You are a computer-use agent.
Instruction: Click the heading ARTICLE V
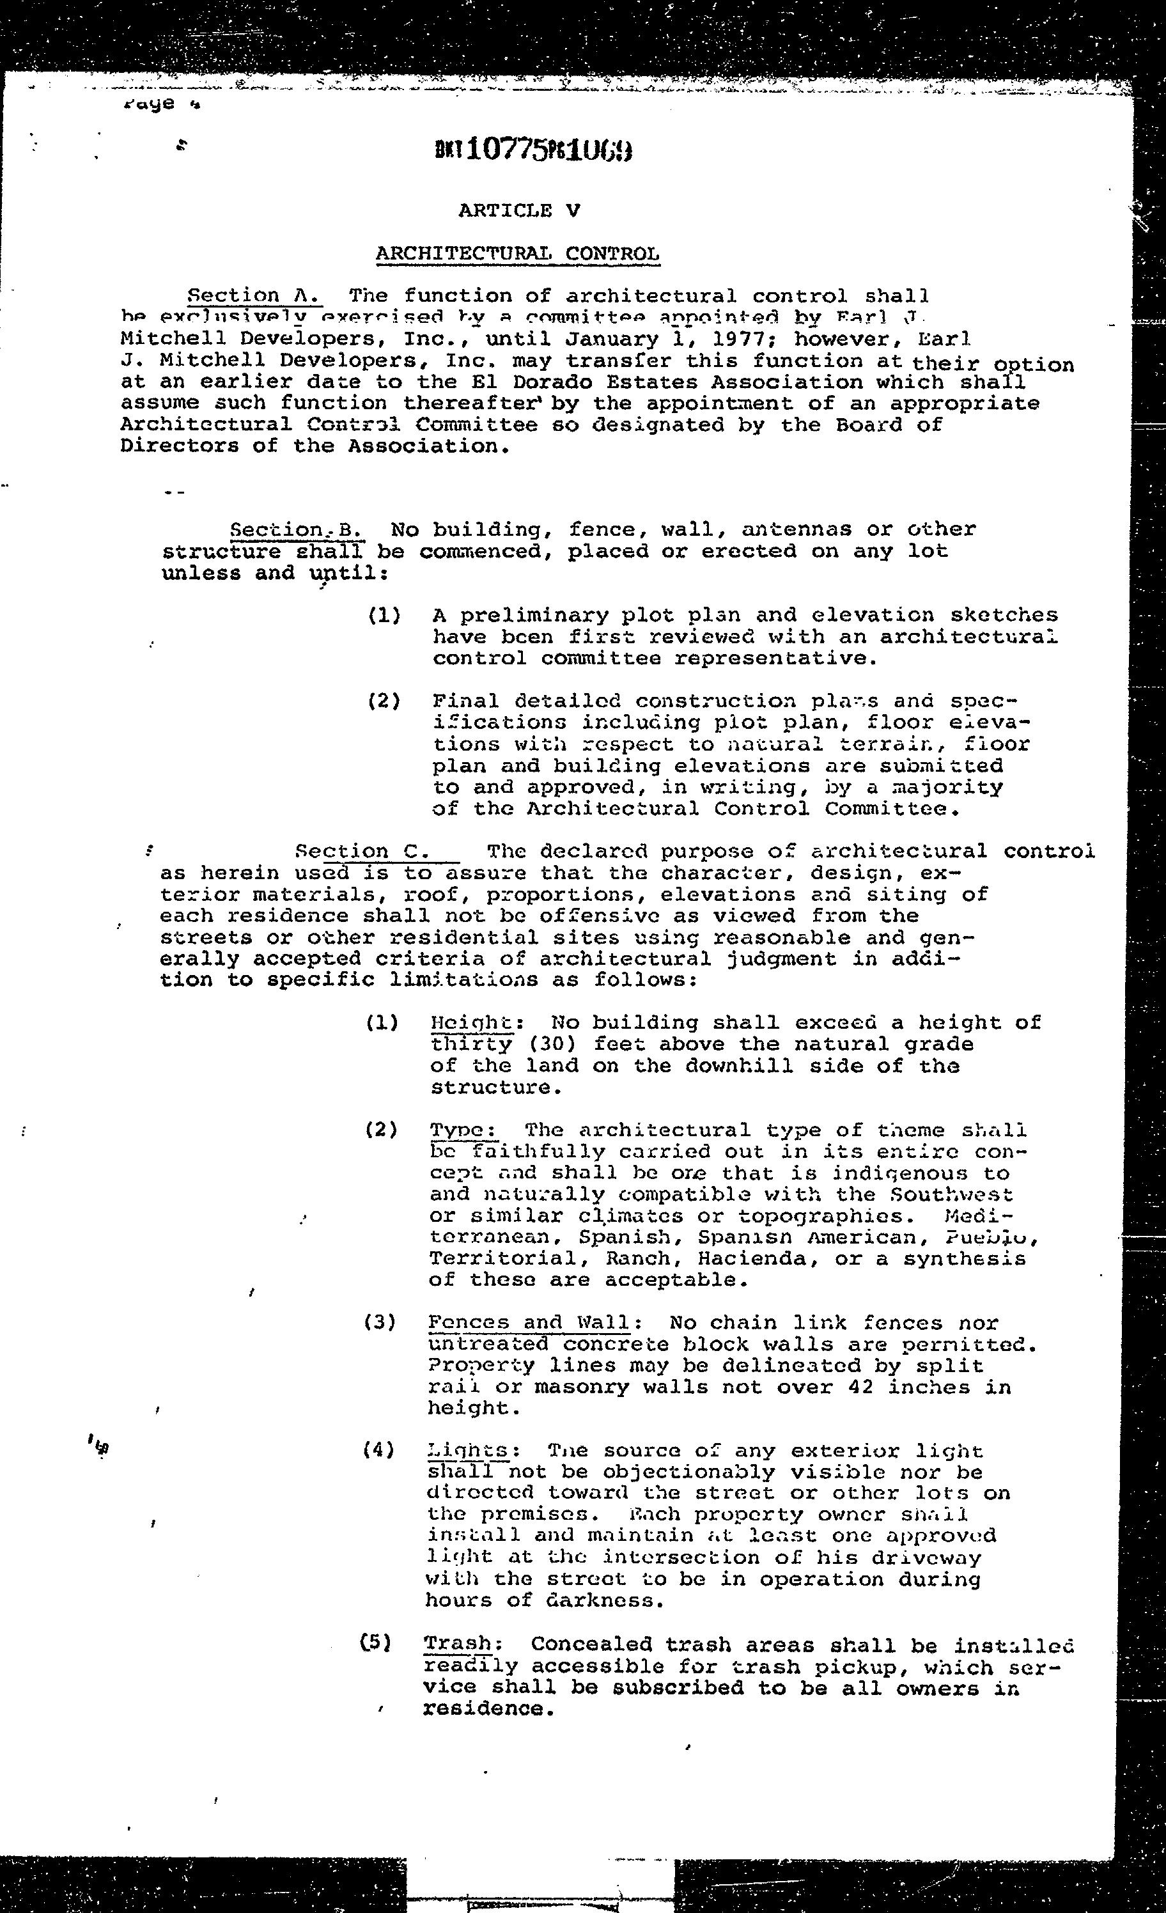(518, 210)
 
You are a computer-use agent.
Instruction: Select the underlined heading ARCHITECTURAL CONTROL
(518, 254)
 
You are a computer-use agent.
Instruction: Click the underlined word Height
(470, 1022)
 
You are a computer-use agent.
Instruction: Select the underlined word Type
(463, 1130)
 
